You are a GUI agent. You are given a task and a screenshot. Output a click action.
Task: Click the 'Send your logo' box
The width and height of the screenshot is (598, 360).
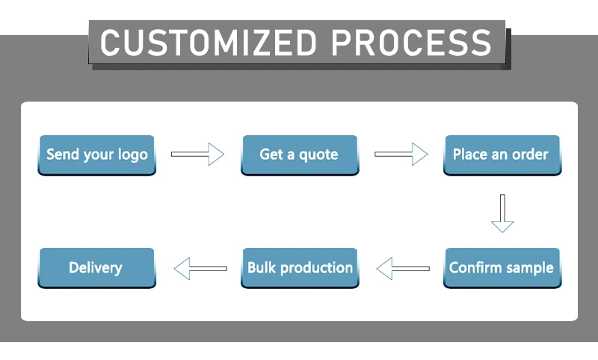click(x=97, y=155)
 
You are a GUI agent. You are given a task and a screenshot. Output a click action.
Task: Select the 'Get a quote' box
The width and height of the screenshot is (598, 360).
click(x=300, y=155)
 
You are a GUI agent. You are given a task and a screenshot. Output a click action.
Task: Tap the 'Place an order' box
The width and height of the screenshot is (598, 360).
click(x=502, y=155)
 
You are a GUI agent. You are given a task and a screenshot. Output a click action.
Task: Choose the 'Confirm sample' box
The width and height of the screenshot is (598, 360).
click(x=502, y=268)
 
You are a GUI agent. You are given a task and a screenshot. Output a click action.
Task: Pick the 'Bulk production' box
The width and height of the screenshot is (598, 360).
click(x=300, y=268)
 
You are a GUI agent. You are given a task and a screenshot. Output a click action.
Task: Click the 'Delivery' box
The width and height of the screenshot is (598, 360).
click(x=97, y=268)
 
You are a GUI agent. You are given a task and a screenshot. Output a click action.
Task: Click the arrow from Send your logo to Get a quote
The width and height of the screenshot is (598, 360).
click(x=197, y=155)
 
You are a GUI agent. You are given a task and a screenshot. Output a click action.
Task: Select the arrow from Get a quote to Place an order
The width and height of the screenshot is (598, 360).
click(x=401, y=155)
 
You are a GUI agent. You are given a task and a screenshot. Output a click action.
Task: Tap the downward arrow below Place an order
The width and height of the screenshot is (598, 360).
click(x=502, y=214)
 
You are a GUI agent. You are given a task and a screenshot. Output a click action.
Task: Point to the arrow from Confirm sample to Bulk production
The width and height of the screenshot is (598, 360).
click(x=403, y=269)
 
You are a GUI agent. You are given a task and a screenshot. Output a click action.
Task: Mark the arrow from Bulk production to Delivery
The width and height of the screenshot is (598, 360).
click(x=200, y=269)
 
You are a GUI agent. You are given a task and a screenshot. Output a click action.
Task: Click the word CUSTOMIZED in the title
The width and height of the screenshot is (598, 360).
click(x=209, y=43)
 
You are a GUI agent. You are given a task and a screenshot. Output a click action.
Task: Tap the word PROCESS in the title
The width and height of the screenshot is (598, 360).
click(x=412, y=43)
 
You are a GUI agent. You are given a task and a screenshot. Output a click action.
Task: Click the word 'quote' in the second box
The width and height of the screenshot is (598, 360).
click(x=318, y=155)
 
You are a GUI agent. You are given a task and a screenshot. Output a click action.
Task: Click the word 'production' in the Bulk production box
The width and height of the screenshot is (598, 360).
click(x=316, y=268)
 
